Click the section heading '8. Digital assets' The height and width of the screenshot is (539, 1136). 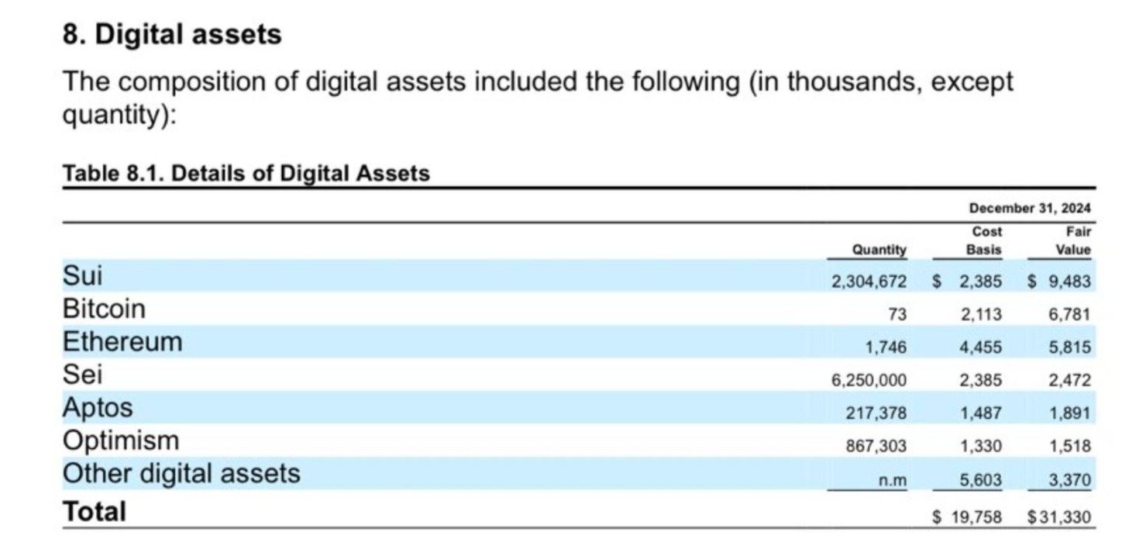pyautogui.click(x=171, y=35)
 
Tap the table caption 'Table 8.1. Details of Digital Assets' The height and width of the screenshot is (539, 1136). pyautogui.click(x=246, y=173)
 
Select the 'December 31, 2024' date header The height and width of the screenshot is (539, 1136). pyautogui.click(x=1029, y=208)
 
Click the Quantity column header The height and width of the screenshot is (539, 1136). pyautogui.click(x=879, y=250)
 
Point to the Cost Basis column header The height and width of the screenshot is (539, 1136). pyautogui.click(x=984, y=240)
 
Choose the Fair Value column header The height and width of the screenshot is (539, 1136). pyautogui.click(x=1072, y=240)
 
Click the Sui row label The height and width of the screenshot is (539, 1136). pyautogui.click(x=82, y=275)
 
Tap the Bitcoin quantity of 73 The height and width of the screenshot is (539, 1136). pyautogui.click(x=897, y=314)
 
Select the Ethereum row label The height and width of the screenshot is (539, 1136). pyautogui.click(x=122, y=342)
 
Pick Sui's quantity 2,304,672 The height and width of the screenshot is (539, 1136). pyautogui.click(x=869, y=282)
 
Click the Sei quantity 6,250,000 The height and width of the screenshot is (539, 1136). pyautogui.click(x=869, y=380)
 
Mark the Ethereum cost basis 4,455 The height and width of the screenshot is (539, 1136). pyautogui.click(x=980, y=347)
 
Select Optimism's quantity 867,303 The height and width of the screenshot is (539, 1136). pyautogui.click(x=876, y=446)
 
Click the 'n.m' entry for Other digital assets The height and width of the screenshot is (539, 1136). pyautogui.click(x=892, y=481)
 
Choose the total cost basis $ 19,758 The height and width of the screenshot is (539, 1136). pyautogui.click(x=967, y=516)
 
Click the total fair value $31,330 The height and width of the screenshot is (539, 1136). pyautogui.click(x=1059, y=516)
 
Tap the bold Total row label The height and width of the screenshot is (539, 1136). pyautogui.click(x=94, y=512)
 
